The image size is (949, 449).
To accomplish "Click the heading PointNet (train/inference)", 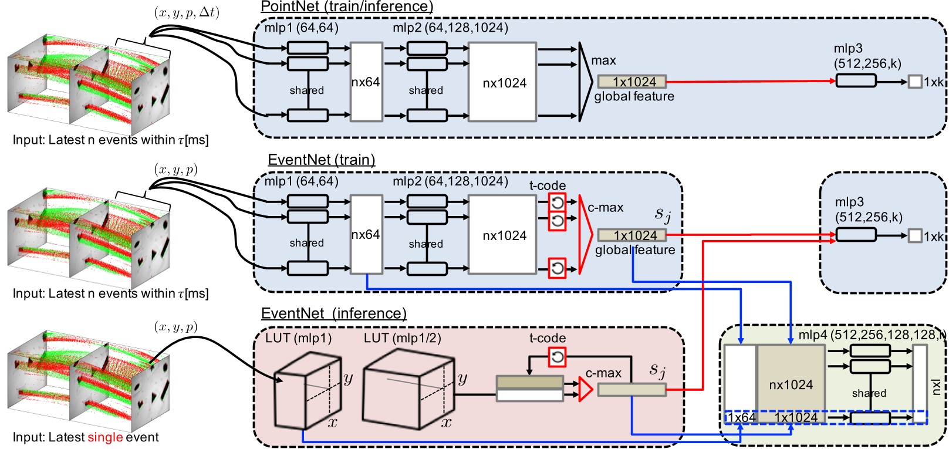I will pyautogui.click(x=346, y=7).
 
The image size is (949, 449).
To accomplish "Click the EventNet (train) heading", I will pyautogui.click(x=321, y=160).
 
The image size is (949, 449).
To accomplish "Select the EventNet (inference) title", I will pyautogui.click(x=333, y=313).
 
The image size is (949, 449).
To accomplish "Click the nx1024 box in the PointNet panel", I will pyautogui.click(x=503, y=82).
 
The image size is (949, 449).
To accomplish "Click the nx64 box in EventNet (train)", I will pyautogui.click(x=366, y=235).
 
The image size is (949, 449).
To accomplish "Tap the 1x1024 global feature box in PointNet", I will pyautogui.click(x=632, y=82).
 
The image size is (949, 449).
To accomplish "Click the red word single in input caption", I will pyautogui.click(x=105, y=437).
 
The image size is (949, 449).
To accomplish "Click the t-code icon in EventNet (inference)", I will pyautogui.click(x=557, y=356).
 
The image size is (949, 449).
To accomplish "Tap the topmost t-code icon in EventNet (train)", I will pyautogui.click(x=557, y=202).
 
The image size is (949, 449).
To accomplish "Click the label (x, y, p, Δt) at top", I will pyautogui.click(x=187, y=13).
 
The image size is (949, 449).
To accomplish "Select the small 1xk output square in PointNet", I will pyautogui.click(x=914, y=82).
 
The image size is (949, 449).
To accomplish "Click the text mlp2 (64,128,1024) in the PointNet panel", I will pyautogui.click(x=450, y=28).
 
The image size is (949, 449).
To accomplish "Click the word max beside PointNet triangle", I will pyautogui.click(x=603, y=60).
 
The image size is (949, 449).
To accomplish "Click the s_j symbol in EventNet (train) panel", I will pyautogui.click(x=662, y=215).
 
